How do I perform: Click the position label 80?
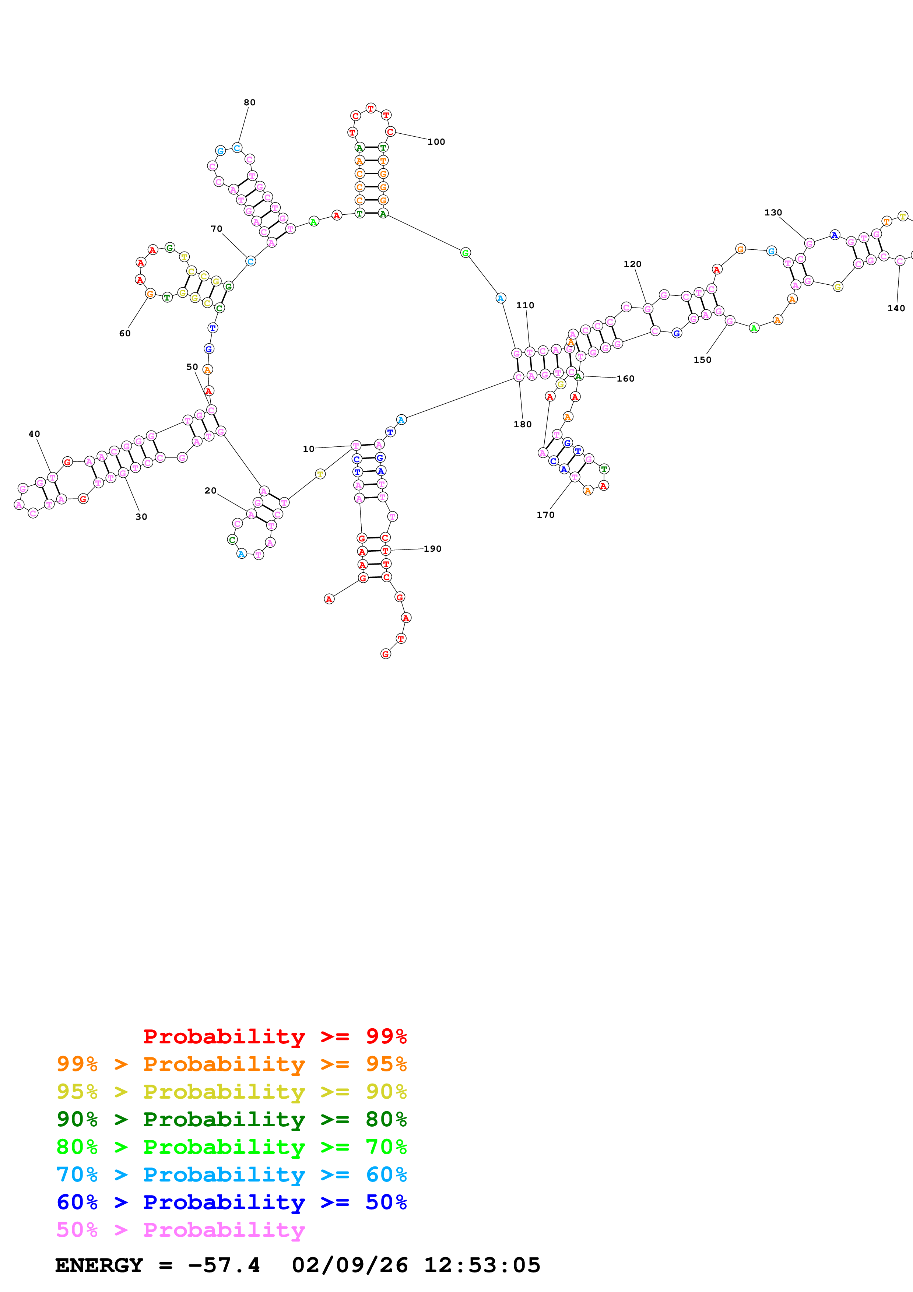point(249,102)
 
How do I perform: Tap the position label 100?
point(436,142)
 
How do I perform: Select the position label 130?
point(773,213)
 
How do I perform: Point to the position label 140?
point(896,308)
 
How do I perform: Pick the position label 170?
point(545,515)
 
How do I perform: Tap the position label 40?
point(34,434)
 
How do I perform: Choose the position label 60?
point(125,334)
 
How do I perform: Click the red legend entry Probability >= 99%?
point(274,1036)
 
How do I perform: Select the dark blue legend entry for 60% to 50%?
point(231,1202)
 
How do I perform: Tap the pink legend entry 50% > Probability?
point(180,1229)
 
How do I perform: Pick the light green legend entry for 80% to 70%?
point(231,1147)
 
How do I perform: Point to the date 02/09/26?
point(350,1265)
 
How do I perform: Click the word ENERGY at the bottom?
point(99,1265)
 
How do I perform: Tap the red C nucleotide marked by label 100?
point(390,132)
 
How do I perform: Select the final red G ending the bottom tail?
point(385,654)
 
